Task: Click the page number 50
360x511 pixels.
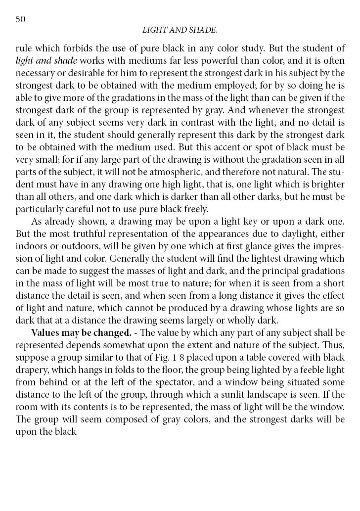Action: (20, 19)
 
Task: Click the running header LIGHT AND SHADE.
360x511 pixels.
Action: (180, 30)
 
